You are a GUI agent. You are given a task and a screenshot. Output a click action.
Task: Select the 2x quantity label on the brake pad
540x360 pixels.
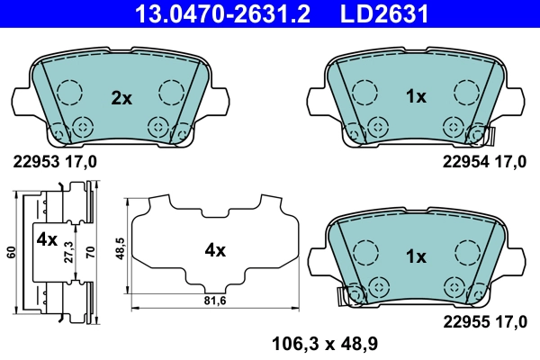[121, 98]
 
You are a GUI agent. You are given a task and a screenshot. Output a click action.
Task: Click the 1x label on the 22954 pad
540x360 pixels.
[415, 98]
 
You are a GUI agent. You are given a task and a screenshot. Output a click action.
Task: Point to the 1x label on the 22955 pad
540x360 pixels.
[415, 256]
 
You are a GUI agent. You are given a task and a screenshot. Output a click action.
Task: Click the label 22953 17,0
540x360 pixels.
[54, 162]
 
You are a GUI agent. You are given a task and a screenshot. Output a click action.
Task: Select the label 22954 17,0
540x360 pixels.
[483, 162]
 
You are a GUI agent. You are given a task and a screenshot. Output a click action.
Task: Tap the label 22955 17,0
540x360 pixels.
[483, 319]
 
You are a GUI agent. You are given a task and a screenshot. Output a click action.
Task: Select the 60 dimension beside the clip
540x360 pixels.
[10, 251]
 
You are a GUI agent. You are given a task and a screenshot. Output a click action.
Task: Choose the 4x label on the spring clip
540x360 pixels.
[47, 240]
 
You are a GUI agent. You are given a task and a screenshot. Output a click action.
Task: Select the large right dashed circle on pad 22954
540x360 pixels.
[465, 92]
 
